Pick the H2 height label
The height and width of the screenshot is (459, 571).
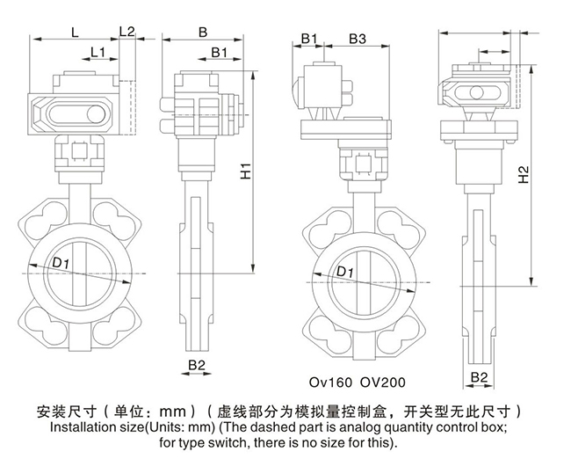523,175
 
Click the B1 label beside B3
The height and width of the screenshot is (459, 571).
309,38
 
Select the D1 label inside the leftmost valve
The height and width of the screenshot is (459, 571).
61,263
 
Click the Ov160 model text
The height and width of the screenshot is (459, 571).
328,383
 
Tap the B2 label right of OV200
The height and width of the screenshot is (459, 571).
480,377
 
